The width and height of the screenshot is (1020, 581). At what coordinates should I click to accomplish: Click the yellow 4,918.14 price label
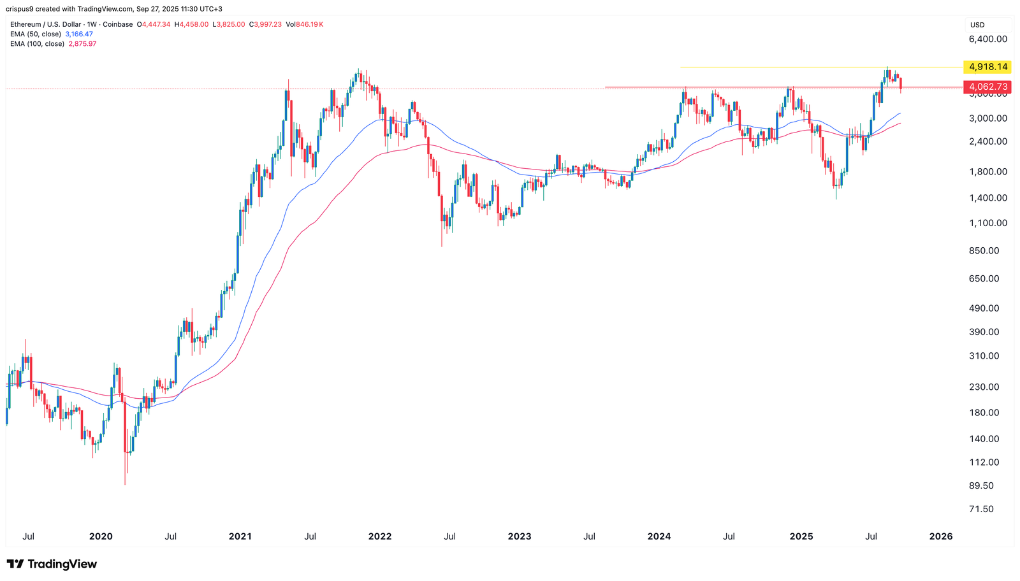[987, 67]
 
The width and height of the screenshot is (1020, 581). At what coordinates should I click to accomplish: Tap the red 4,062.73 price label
[987, 87]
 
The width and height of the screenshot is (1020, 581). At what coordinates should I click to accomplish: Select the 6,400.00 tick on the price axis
[988, 39]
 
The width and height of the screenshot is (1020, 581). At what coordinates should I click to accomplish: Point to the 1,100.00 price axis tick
[988, 223]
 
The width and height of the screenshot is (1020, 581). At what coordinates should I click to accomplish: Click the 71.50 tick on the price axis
[982, 509]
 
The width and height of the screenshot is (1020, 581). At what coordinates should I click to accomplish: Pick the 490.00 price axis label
[984, 308]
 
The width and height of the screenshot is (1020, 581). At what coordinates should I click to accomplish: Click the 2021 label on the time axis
[240, 536]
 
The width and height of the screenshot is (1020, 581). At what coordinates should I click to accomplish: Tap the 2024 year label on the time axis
[659, 536]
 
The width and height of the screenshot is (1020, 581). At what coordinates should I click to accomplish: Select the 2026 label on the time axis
[941, 536]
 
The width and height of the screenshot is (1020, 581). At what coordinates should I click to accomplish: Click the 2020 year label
[101, 536]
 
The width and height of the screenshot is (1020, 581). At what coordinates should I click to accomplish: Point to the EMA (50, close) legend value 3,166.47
[79, 34]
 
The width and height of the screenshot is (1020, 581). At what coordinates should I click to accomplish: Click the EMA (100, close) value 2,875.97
[82, 44]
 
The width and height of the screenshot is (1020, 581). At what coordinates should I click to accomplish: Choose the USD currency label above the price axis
[977, 25]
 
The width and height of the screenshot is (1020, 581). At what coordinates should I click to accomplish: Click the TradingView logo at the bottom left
[52, 564]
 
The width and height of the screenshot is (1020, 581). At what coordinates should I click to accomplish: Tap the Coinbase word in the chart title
[117, 25]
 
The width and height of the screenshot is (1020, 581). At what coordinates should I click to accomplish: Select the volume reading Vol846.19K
[305, 25]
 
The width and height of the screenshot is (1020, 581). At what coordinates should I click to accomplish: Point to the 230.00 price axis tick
[984, 387]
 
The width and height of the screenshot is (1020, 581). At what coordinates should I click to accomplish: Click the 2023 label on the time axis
[520, 536]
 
